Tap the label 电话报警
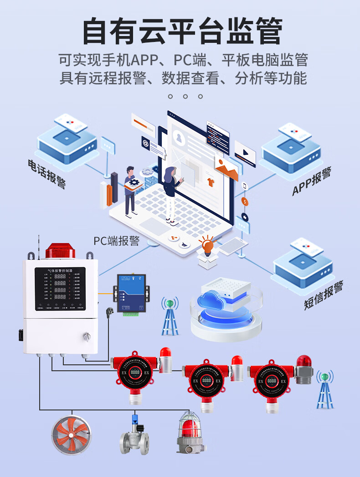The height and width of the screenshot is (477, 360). [47, 173]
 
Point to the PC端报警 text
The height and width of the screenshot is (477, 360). [116, 241]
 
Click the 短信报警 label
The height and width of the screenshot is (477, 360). [324, 296]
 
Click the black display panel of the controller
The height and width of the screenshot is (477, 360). [60, 289]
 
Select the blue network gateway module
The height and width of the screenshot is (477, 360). [131, 294]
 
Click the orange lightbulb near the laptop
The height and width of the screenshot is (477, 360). [208, 247]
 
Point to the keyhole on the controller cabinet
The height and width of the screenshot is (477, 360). [85, 337]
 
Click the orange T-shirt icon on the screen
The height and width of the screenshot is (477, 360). [211, 183]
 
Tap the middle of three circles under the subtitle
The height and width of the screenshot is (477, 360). [185, 96]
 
